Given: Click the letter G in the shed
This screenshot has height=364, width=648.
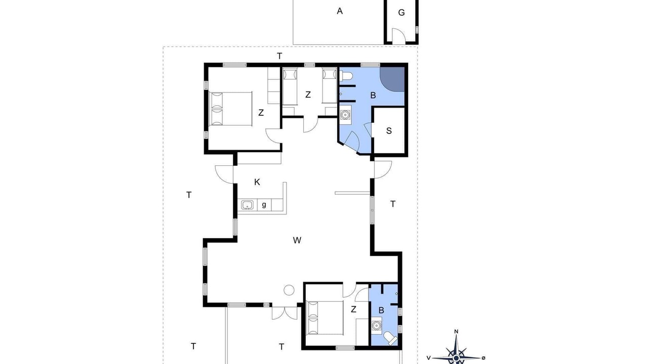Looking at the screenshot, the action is (401, 13).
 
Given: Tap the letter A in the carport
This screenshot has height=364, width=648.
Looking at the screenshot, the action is (340, 11).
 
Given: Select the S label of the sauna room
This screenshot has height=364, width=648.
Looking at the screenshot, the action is (389, 131).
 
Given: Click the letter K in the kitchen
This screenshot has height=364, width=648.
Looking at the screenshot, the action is (257, 183).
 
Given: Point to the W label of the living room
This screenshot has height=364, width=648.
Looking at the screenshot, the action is (297, 240).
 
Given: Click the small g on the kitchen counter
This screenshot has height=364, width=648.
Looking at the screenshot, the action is (264, 205).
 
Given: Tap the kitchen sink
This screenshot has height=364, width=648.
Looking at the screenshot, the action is (247, 205).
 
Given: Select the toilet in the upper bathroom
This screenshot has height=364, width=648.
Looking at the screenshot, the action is (346, 76).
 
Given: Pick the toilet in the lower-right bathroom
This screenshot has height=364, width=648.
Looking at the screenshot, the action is (390, 338).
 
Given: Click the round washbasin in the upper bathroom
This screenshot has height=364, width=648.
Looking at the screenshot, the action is (345, 115).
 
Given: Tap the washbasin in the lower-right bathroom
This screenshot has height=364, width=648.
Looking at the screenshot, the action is (376, 326).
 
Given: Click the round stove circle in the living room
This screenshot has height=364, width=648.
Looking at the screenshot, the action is (289, 290).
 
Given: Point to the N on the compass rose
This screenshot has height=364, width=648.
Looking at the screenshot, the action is (456, 331).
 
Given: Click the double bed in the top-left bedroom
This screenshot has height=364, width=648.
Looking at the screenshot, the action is (230, 109).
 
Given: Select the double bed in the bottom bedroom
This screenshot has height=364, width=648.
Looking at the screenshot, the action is (325, 318).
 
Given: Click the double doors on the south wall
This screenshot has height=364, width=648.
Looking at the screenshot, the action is (285, 313).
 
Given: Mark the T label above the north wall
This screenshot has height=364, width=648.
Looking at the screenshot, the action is (279, 56).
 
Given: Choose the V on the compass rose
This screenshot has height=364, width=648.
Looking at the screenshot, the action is (428, 358).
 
